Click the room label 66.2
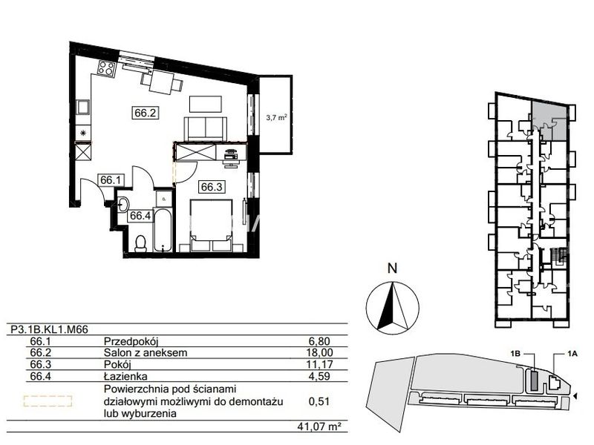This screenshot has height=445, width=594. pyautogui.click(x=146, y=113)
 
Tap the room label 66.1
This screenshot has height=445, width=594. pyautogui.click(x=110, y=180)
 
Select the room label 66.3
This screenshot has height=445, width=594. pyautogui.click(x=212, y=187)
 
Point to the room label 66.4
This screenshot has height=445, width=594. pyautogui.click(x=140, y=216)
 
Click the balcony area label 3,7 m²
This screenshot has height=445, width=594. pyautogui.click(x=276, y=118)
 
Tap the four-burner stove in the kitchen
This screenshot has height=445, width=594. pyautogui.click(x=106, y=68)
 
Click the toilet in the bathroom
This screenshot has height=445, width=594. pyautogui.click(x=141, y=243)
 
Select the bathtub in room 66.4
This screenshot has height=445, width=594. pyautogui.click(x=163, y=230)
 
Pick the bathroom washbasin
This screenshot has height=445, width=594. pyautogui.click(x=123, y=205)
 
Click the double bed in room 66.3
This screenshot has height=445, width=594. pyautogui.click(x=212, y=225)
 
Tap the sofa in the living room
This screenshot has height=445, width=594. pyautogui.click(x=206, y=128)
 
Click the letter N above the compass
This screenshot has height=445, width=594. pyautogui.click(x=393, y=268)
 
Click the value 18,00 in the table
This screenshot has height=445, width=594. pyautogui.click(x=319, y=353)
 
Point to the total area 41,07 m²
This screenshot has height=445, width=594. pyautogui.click(x=317, y=427)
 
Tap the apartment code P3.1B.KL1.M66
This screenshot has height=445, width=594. pyautogui.click(x=50, y=329)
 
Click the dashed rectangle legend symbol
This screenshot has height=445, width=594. pyautogui.click(x=48, y=401)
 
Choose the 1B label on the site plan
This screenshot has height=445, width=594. pyautogui.click(x=515, y=354)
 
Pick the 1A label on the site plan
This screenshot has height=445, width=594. pyautogui.click(x=572, y=354)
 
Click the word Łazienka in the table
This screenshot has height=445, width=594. pyautogui.click(x=125, y=376)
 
